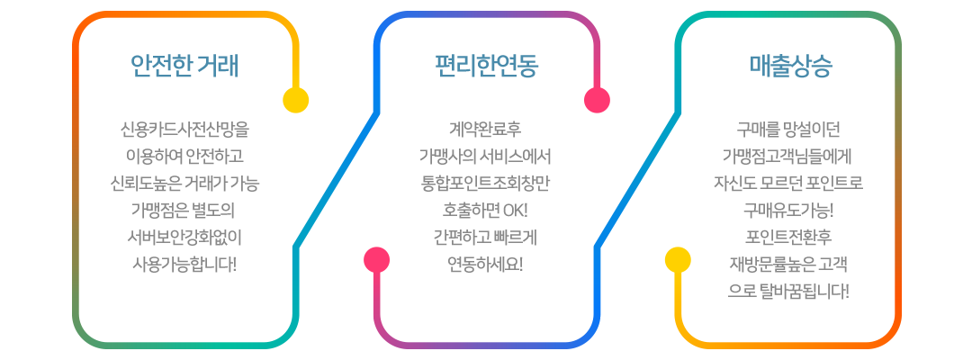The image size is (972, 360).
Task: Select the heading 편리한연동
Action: point(486,66)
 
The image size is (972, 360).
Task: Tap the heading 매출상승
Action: point(790,66)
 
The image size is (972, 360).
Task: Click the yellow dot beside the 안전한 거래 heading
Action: point(295,99)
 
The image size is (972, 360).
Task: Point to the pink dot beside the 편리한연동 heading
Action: point(597,99)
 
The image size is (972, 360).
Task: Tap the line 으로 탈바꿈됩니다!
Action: point(788,292)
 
